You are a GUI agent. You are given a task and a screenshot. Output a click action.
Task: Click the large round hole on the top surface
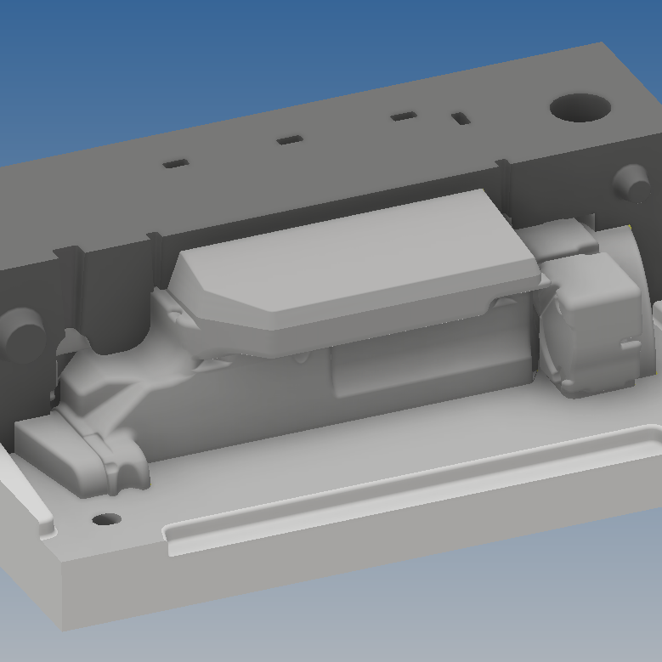click(580, 108)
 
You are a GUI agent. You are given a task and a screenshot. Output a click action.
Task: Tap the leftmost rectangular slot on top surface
click(176, 163)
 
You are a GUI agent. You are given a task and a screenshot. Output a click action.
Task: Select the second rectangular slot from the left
click(290, 139)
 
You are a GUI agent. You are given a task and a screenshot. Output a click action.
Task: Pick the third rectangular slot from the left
click(403, 116)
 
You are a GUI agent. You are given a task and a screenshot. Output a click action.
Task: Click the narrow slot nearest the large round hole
click(461, 117)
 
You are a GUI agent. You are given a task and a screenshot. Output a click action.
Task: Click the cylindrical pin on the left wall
click(21, 333)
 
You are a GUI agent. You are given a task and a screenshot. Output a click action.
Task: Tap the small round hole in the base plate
click(105, 518)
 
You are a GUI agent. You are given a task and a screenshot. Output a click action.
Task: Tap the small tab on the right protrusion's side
click(630, 344)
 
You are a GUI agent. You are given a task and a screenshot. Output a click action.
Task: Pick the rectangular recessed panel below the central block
click(425, 365)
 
